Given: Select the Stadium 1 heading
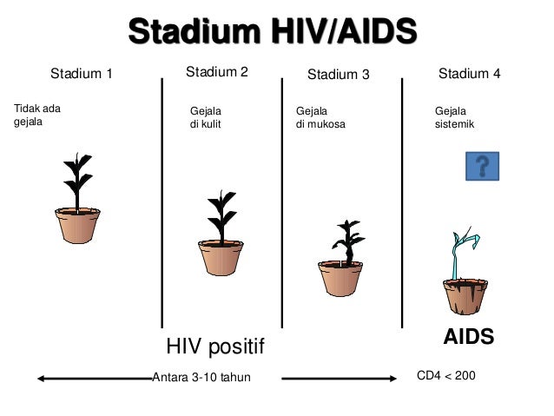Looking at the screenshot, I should [82, 74].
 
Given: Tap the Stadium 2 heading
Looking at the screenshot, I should [217, 72].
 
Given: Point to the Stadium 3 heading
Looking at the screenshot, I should [339, 75].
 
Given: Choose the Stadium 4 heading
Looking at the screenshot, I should [469, 74].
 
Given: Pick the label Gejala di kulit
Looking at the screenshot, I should [206, 117].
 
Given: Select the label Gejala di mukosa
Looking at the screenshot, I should [320, 117].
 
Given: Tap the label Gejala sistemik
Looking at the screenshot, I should [454, 117].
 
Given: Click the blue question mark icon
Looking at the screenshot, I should [482, 165].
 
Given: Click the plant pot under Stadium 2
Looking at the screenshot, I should [220, 258].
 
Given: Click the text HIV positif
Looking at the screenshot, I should [214, 347].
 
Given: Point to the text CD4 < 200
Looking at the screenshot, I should [446, 376].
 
